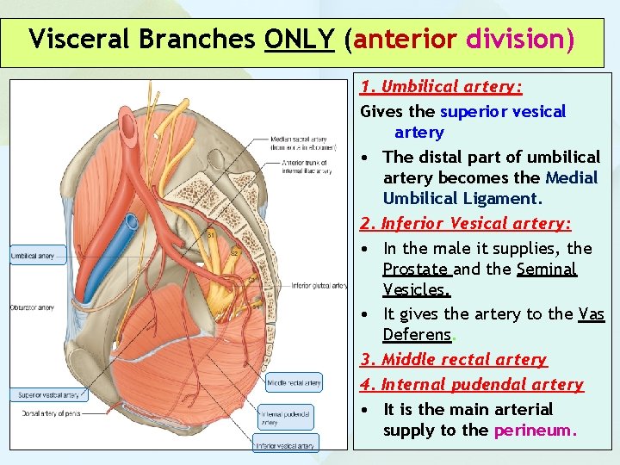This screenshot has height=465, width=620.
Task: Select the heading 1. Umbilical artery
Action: pos(442,87)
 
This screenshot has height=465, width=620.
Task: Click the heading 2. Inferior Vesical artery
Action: pos(466,224)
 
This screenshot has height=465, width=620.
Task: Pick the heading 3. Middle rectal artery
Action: pos(454,360)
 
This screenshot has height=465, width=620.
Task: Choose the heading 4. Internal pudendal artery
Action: pos(472,385)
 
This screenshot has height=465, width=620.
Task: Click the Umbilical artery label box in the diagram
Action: pos(34,256)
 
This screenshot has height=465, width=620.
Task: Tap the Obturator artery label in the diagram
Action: pos(34,308)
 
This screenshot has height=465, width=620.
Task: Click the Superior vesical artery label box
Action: pos(49,395)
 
